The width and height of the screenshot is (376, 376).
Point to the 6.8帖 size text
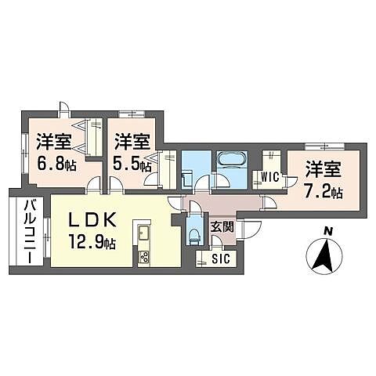coord(54,164)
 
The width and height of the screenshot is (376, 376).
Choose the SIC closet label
coord(219,258)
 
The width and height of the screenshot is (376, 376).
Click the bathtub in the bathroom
coord(231,161)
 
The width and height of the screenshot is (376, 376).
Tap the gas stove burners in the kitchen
coord(144,256)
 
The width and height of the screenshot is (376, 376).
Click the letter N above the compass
coord(328,230)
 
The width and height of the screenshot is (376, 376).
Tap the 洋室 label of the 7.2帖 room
coord(324,167)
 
